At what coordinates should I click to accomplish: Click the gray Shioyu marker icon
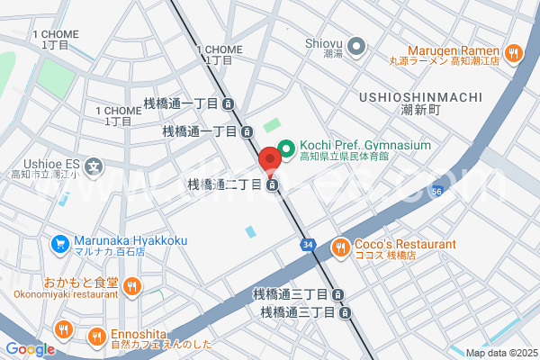click(x=356, y=45)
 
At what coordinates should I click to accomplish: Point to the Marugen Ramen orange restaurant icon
click(x=514, y=53)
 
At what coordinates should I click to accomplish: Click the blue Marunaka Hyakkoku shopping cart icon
click(x=60, y=242)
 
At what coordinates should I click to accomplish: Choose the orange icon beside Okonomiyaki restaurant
click(x=132, y=286)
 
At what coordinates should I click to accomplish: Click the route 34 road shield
click(x=308, y=244)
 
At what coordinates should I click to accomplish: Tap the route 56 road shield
click(x=436, y=192)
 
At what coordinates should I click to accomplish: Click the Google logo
click(x=29, y=349)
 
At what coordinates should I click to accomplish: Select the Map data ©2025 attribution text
click(x=500, y=353)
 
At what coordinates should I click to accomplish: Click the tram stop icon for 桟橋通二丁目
click(x=271, y=186)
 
